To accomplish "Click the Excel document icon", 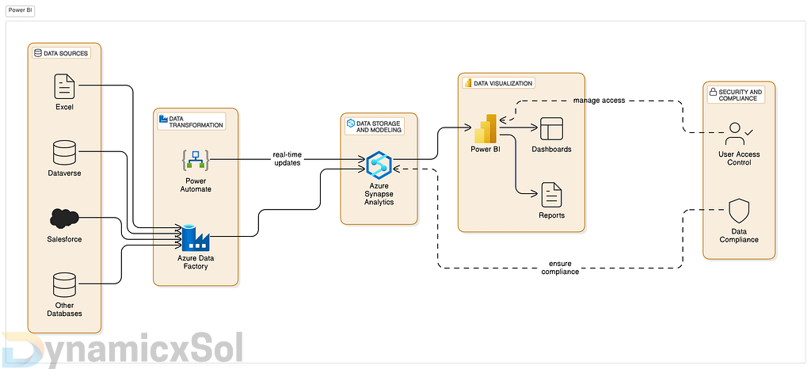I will tap(64, 86).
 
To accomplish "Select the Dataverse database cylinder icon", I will tap(64, 151).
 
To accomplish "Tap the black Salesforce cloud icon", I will tap(64, 217).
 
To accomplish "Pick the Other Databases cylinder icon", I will tap(64, 284).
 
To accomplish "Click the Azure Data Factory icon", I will tap(193, 236).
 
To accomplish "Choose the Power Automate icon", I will tap(195, 162).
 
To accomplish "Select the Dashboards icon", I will tap(551, 128).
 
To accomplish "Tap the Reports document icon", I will tap(551, 194).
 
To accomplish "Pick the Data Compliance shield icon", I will tap(738, 211).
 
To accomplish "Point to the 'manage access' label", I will tap(600, 101).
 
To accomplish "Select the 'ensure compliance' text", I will tap(561, 268).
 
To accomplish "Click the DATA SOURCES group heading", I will tap(61, 53).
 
